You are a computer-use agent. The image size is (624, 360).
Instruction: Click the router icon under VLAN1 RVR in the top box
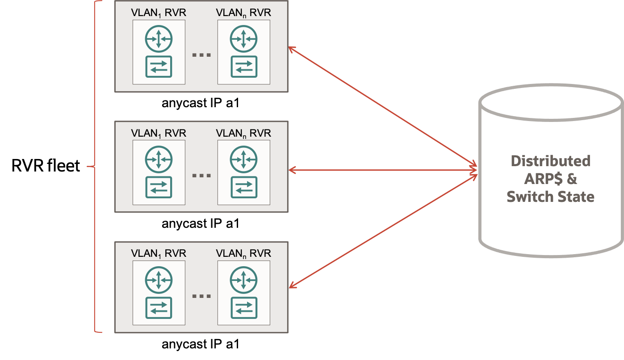[159, 39]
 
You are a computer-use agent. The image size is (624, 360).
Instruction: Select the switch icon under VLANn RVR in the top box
[243, 67]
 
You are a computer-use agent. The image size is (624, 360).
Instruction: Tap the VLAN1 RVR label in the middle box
[159, 133]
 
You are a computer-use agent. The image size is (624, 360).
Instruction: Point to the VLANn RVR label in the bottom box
[243, 253]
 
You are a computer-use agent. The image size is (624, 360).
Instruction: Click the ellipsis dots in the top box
[201, 55]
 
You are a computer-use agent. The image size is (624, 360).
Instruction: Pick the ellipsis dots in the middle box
[201, 176]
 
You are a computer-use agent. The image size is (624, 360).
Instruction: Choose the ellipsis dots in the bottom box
[201, 296]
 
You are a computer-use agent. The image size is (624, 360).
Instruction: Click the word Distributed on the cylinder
[550, 161]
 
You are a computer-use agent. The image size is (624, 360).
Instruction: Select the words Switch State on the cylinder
[550, 197]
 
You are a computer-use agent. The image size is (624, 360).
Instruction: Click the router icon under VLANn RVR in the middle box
[243, 159]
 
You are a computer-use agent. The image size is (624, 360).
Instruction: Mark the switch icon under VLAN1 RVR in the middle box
[159, 187]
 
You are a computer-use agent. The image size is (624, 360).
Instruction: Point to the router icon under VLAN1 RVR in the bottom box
[159, 280]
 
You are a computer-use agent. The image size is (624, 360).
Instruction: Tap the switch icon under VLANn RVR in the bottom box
[243, 308]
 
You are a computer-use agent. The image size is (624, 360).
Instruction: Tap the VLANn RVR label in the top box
[243, 13]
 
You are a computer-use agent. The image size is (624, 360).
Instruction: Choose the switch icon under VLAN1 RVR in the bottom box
[159, 308]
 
